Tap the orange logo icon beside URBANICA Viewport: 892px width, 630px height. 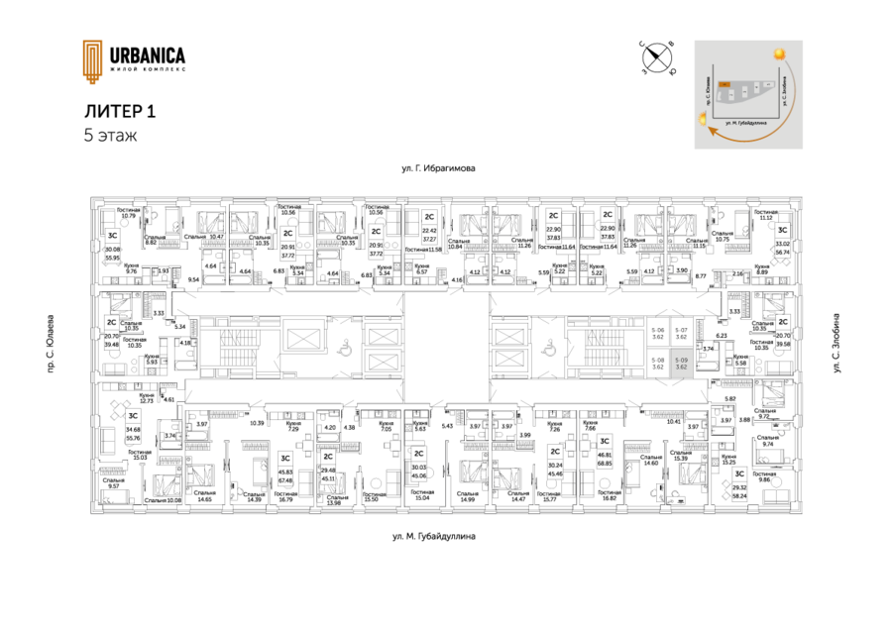point(91,61)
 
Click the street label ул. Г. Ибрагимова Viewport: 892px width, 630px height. point(439,169)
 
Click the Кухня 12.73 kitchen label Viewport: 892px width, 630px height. point(146,396)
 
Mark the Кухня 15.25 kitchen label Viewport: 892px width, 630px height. point(727,460)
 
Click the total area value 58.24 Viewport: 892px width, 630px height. point(739,495)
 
